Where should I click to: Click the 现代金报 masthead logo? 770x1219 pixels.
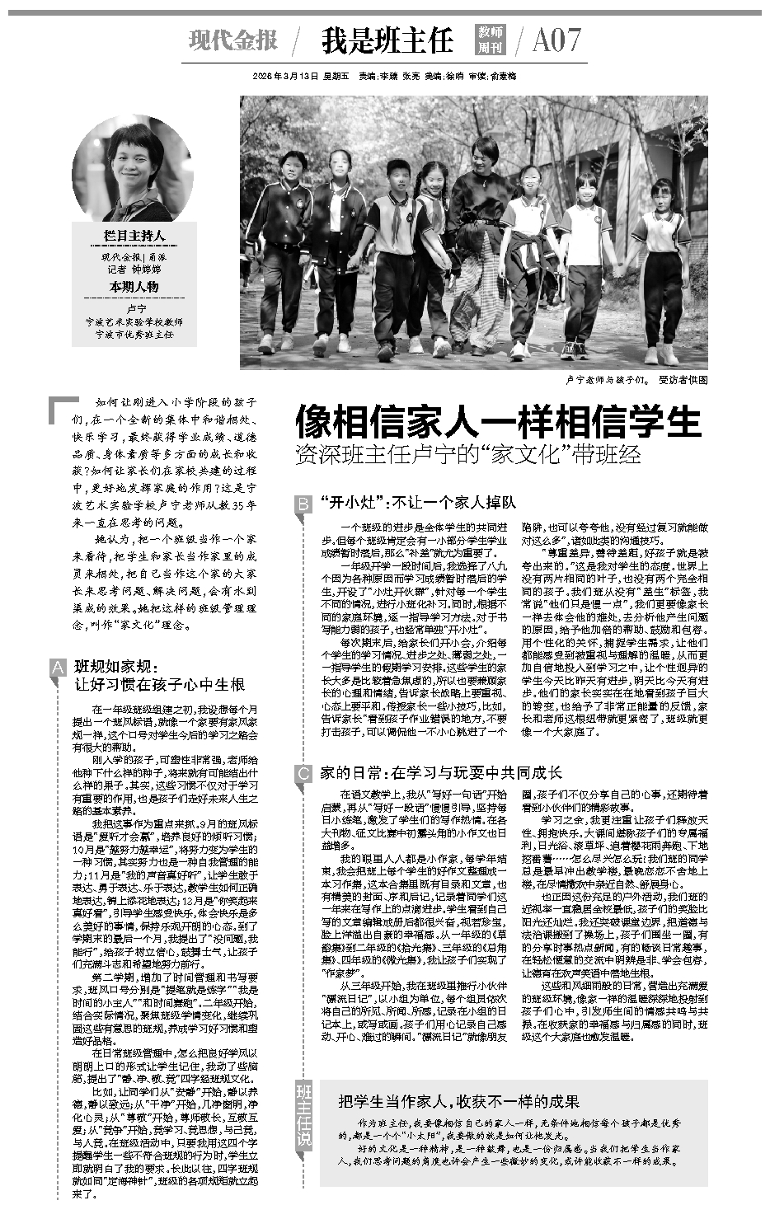233,39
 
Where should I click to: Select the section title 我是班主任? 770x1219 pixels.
387,40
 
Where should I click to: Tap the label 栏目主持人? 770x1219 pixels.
134,236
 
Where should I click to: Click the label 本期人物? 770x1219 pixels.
134,287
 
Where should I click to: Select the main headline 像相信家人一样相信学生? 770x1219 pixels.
499,422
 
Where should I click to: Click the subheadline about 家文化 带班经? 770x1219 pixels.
467,454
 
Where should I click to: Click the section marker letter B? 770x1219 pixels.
303,504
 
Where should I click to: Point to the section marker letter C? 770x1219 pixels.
303,773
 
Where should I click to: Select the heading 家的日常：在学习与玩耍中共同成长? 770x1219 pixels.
441,772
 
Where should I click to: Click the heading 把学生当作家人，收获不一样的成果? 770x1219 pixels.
458,1101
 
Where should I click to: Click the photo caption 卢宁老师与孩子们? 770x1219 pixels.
608,380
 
